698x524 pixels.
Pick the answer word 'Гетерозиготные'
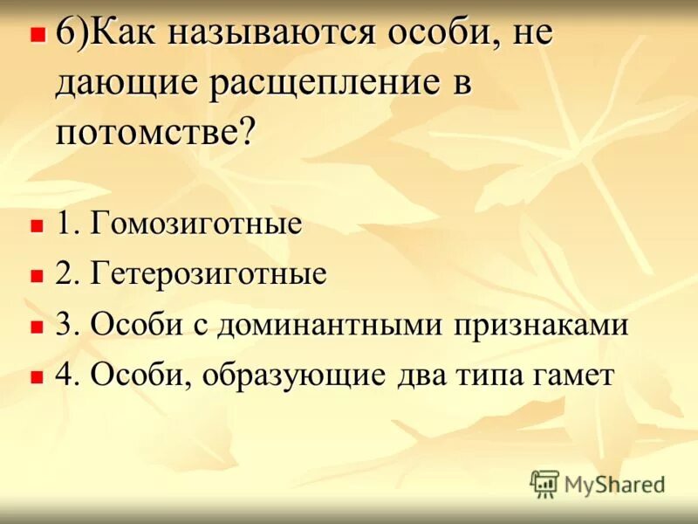point(209,274)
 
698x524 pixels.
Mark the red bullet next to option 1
point(37,225)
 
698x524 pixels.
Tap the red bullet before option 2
point(37,276)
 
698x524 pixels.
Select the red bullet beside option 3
point(37,327)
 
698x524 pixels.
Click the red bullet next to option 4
point(37,377)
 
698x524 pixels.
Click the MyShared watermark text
point(614,483)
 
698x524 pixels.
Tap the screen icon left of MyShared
point(544,482)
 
